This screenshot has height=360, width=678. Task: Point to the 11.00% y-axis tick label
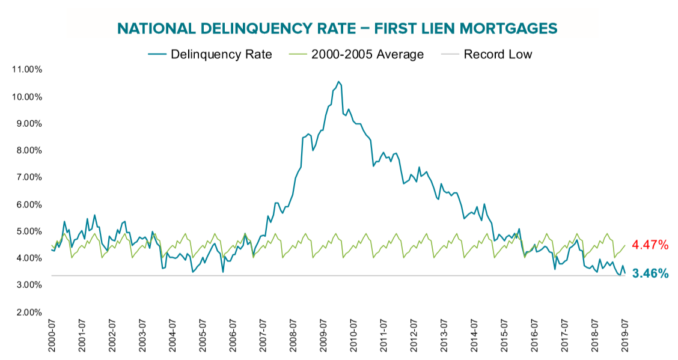point(26,70)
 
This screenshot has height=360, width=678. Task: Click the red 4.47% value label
point(650,245)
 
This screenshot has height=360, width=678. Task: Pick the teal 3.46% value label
point(650,274)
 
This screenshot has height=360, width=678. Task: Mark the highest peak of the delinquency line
point(338,82)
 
